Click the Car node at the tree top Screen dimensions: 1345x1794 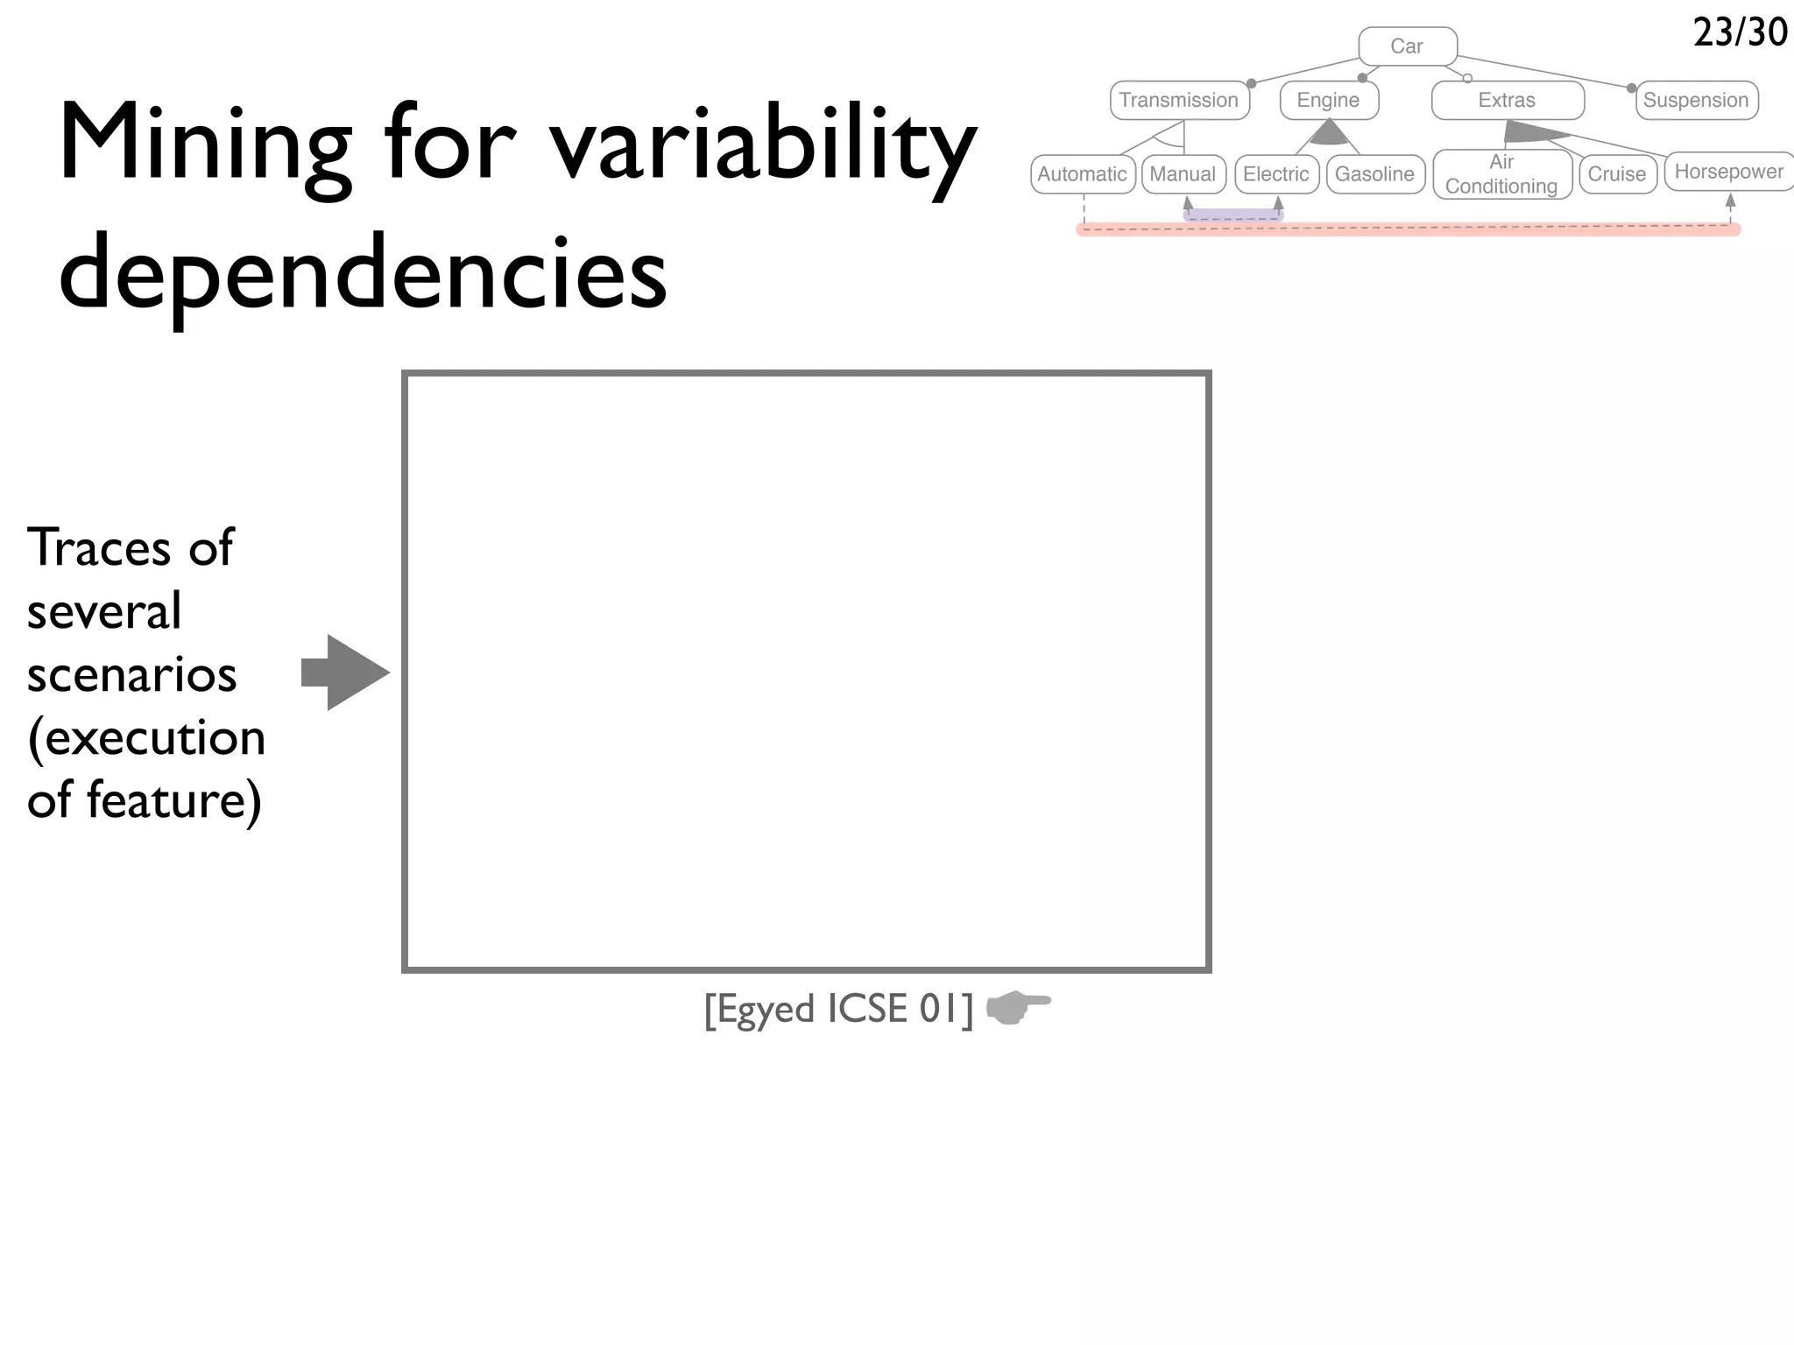pos(1407,46)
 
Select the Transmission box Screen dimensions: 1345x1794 pos(1179,100)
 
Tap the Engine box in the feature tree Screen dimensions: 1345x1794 pos(1329,100)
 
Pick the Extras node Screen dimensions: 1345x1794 pos(1507,100)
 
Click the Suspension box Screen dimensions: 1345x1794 pos(1696,100)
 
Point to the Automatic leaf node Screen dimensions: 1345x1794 pos(1083,174)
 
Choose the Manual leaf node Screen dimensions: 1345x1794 pos(1183,174)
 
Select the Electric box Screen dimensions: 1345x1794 pos(1276,174)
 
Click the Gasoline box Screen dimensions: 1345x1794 pos(1375,174)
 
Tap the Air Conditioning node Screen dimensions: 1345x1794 pos(1501,174)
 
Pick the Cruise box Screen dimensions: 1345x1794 pos(1617,174)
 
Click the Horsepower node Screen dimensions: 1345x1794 pos(1729,172)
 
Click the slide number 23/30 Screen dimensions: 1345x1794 pos(1740,32)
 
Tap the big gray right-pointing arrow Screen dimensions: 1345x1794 pos(345,672)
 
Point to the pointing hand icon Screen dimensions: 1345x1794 pos(1018,1007)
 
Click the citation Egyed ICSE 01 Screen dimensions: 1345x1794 pos(838,1009)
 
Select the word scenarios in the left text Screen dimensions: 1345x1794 pos(131,675)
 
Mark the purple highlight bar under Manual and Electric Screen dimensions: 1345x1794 pos(1232,215)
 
